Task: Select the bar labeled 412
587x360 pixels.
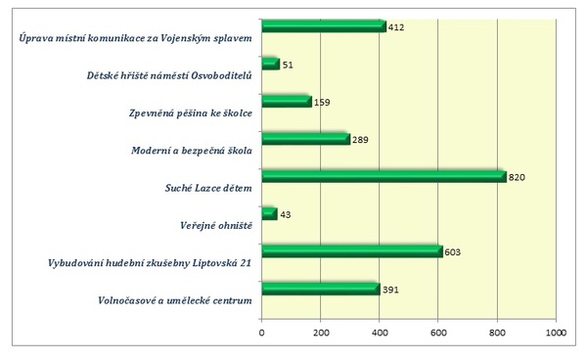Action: click(x=323, y=26)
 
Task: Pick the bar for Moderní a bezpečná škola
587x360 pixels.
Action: click(x=305, y=139)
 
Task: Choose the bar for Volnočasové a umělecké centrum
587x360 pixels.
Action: click(x=320, y=288)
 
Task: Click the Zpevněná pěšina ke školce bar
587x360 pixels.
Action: click(x=286, y=101)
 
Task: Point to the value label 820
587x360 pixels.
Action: click(x=518, y=177)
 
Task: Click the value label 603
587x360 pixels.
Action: click(x=452, y=252)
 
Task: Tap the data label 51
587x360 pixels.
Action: click(x=289, y=66)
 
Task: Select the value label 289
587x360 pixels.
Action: click(x=360, y=141)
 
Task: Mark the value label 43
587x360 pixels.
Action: click(x=286, y=215)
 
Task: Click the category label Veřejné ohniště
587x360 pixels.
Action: click(x=213, y=226)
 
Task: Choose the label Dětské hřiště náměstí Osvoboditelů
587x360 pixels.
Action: click(x=169, y=76)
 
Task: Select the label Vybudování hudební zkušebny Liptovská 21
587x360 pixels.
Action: click(x=152, y=263)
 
